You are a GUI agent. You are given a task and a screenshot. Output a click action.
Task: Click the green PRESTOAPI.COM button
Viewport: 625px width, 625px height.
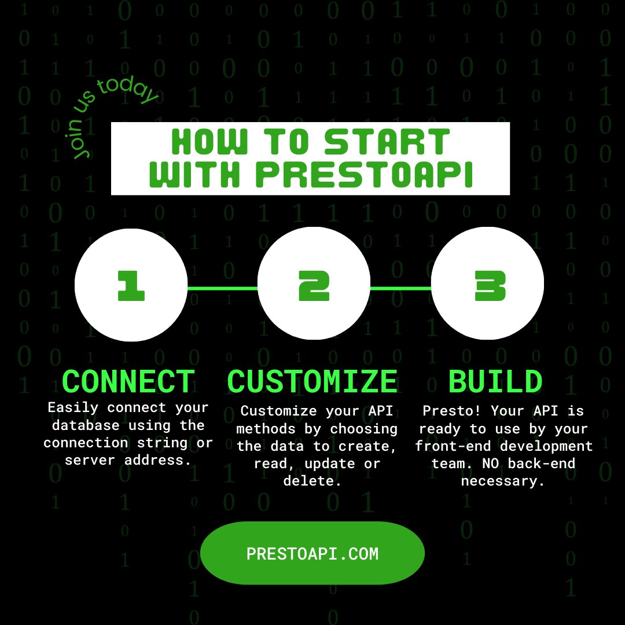[312, 553]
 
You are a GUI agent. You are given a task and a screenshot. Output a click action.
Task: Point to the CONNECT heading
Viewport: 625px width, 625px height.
[128, 382]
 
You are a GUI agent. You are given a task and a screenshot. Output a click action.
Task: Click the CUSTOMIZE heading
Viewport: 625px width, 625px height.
[312, 382]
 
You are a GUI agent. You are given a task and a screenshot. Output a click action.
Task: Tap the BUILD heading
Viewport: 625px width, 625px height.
[495, 382]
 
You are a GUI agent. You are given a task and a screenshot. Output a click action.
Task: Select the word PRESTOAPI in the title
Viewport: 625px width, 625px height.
[365, 174]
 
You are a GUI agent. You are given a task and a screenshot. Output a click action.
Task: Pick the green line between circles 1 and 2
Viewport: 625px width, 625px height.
[222, 288]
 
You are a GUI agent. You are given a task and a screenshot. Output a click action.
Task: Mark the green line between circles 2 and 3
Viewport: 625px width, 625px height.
[400, 288]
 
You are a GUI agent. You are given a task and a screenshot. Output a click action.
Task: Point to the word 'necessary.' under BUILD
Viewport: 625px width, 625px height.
[503, 481]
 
